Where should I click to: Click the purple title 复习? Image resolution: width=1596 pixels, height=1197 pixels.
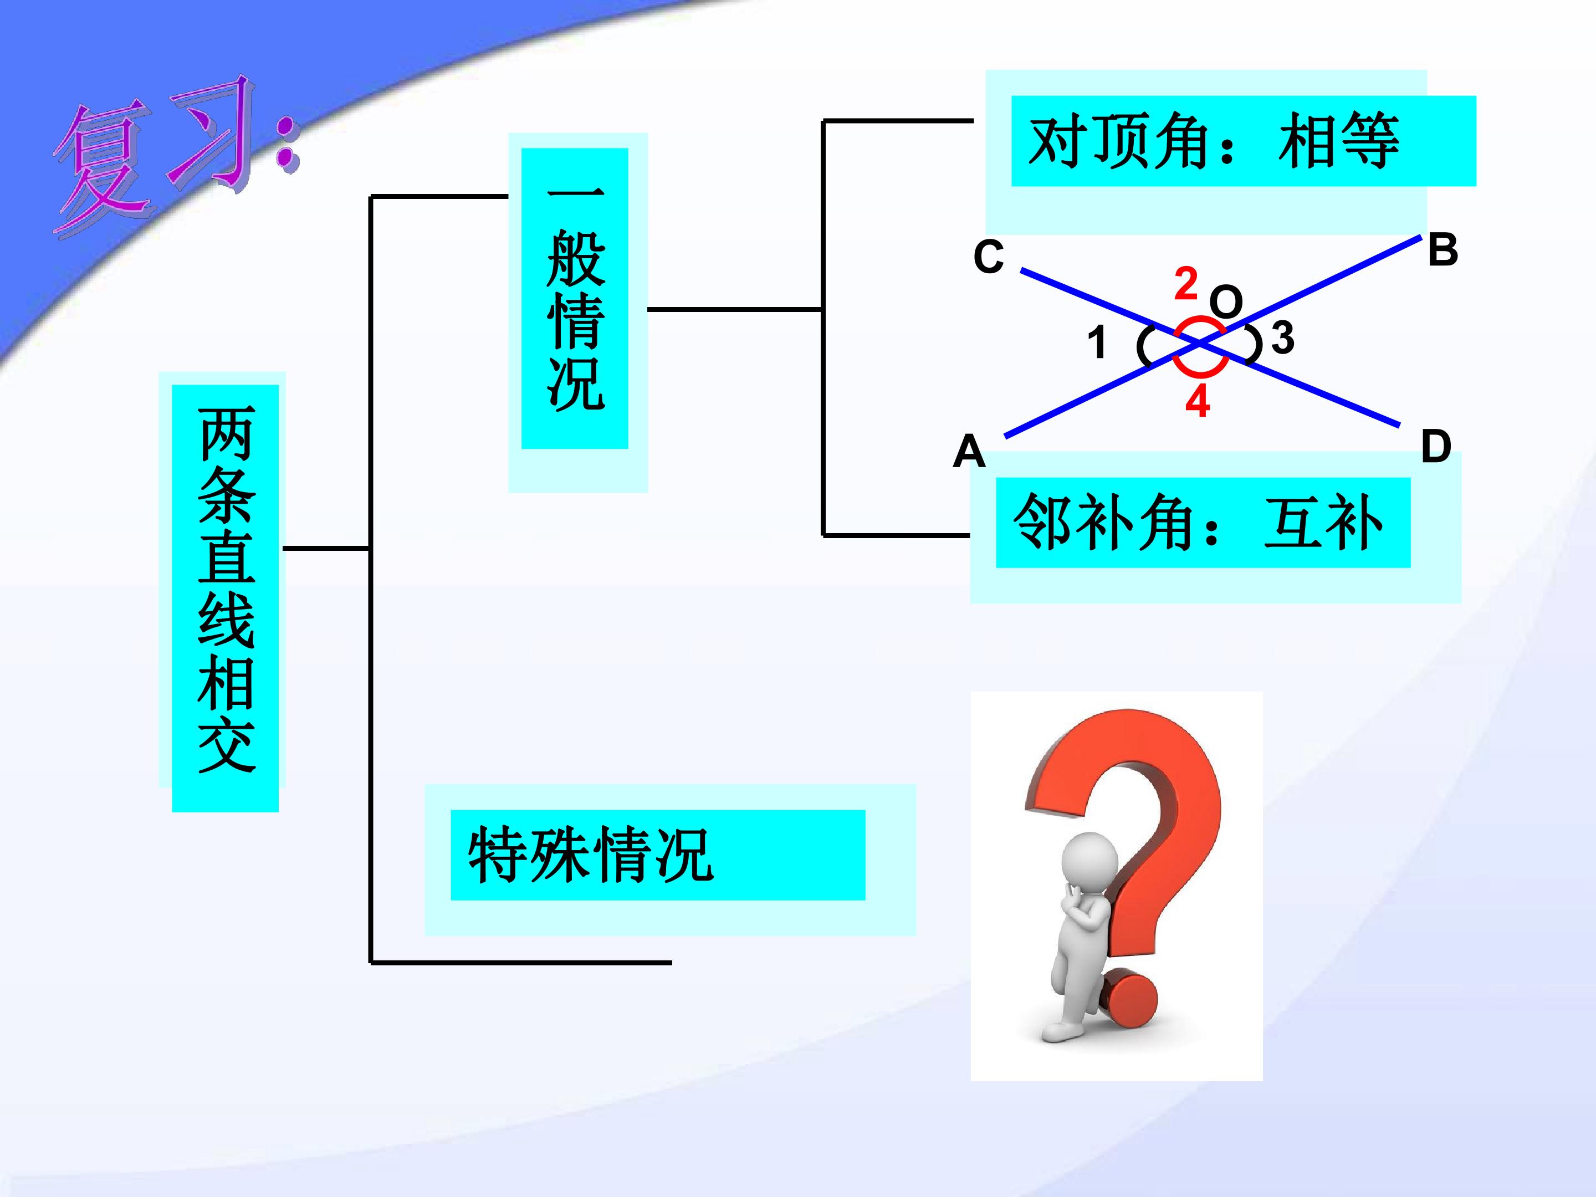tap(177, 155)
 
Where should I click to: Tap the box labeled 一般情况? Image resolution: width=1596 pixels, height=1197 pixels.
tap(575, 299)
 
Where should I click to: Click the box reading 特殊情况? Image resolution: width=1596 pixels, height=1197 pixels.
tap(658, 855)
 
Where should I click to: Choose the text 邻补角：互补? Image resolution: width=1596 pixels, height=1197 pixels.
tap(1198, 523)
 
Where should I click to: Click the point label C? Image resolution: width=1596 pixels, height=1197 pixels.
tap(989, 257)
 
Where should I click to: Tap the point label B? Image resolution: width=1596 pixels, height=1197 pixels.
tap(1442, 249)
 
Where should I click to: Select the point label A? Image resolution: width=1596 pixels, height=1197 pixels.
tap(969, 452)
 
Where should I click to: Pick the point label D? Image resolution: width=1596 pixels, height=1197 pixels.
tap(1436, 446)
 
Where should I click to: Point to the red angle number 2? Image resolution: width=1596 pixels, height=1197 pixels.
tap(1186, 284)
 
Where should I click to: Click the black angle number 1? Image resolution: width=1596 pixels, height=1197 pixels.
tap(1097, 342)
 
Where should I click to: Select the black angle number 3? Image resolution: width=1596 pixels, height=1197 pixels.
tap(1282, 337)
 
